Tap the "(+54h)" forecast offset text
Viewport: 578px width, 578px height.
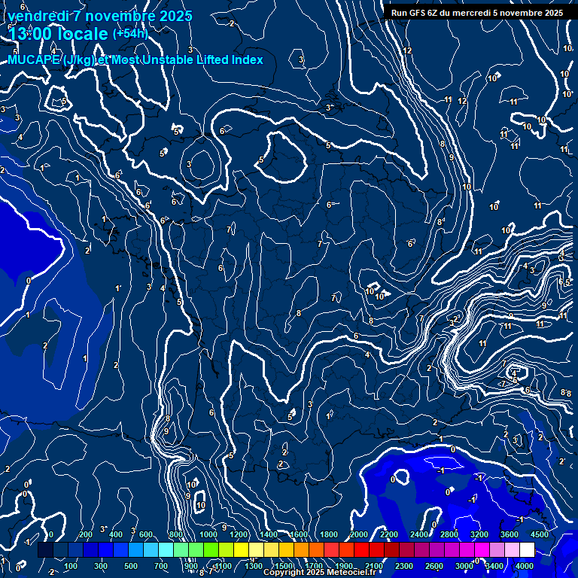coord(130,33)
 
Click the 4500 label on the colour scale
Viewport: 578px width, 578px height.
coord(539,534)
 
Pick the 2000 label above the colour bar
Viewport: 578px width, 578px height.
coord(359,534)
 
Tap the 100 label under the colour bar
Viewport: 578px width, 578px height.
coord(71,566)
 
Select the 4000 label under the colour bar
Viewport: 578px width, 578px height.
coord(525,566)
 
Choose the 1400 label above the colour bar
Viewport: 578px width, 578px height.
coord(269,534)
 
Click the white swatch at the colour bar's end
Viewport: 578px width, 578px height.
coord(528,550)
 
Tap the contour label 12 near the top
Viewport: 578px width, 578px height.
coord(408,50)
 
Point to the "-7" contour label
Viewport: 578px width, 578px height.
coord(501,384)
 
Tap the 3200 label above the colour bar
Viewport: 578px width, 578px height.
coord(479,534)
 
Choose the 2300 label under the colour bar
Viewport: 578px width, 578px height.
coord(404,566)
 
